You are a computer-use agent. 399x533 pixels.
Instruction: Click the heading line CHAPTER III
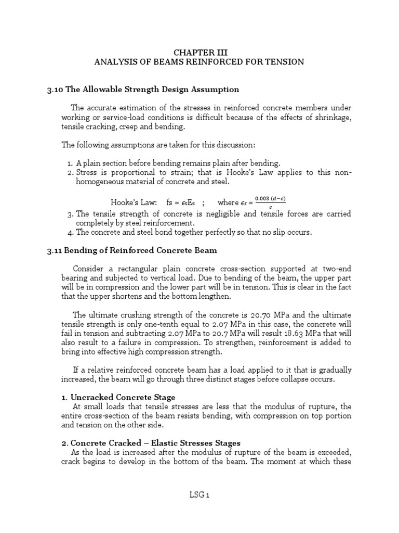click(x=200, y=52)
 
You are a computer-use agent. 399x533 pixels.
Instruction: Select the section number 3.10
click(x=55, y=90)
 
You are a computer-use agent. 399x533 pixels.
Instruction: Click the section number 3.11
click(x=54, y=250)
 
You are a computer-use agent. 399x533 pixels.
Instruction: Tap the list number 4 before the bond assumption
click(x=70, y=232)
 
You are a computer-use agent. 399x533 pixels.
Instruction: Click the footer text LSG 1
click(x=199, y=496)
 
